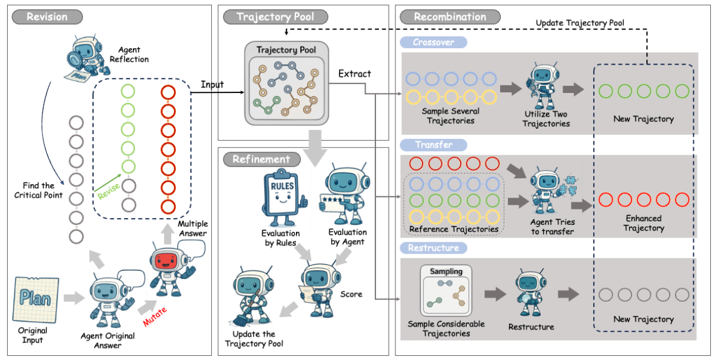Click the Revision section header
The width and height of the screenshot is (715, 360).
pos(46,16)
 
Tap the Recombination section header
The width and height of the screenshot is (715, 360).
pos(450,16)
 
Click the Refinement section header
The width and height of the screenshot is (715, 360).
pos(261,159)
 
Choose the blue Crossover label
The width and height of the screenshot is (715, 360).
pos(433,42)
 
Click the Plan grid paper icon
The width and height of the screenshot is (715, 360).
pos(35,299)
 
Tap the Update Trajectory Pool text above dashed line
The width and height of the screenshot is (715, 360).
pos(580,23)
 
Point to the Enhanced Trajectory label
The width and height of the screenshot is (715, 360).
pos(643,223)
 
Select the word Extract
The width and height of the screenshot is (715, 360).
pos(355,74)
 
